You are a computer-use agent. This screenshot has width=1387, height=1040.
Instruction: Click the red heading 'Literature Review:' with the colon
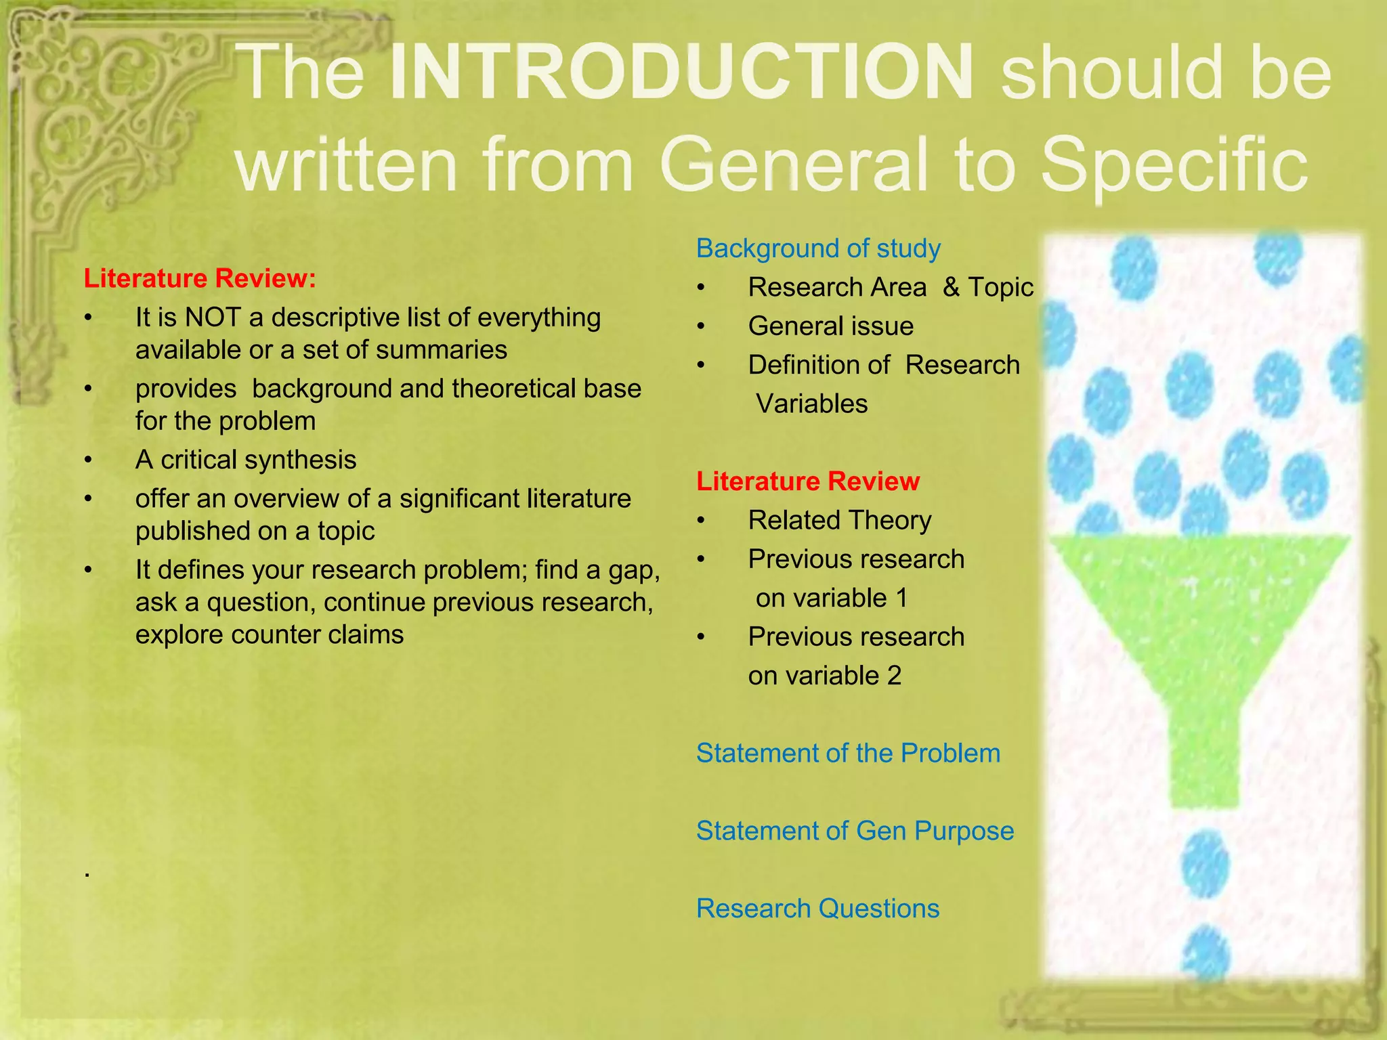click(200, 278)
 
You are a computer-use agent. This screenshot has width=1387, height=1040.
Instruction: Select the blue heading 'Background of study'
click(818, 248)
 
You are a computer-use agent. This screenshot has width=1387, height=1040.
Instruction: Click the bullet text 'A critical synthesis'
click(246, 460)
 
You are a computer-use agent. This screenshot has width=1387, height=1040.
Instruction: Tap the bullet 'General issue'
click(830, 326)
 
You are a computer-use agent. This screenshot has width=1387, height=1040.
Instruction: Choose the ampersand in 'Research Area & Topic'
click(951, 287)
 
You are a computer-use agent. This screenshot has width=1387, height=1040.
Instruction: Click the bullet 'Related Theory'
click(839, 521)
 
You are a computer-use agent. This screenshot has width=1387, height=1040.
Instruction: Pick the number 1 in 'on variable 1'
click(901, 599)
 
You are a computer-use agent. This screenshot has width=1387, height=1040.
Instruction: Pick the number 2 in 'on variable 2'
click(895, 676)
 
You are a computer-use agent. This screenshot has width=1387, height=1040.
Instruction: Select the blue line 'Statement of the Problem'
click(848, 754)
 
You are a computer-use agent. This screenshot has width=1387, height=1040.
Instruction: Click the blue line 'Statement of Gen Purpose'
click(855, 831)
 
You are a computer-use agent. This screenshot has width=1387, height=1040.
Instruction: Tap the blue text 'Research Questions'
click(817, 909)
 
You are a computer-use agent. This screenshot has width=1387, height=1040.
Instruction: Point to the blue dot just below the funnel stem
click(1205, 865)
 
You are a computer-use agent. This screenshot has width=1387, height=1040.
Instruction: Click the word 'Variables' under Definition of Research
click(811, 404)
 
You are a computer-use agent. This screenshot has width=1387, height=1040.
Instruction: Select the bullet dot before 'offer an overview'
click(88, 499)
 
